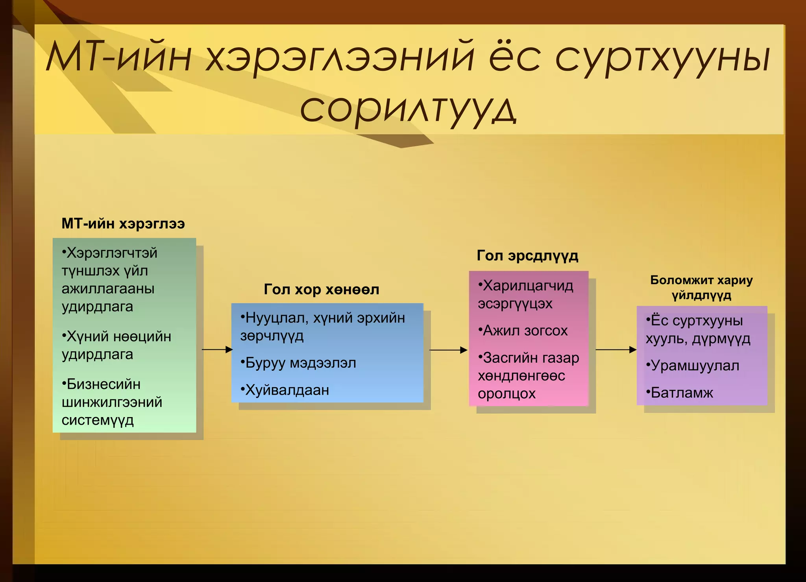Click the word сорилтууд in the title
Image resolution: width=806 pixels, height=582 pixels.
[x=408, y=109]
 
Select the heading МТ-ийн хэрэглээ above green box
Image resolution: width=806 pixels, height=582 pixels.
[x=123, y=224]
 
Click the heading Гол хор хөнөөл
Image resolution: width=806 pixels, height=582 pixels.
[x=321, y=290]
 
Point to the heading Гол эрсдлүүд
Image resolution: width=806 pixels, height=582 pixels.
[x=527, y=256]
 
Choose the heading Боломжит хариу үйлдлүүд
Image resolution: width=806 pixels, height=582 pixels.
[x=701, y=287]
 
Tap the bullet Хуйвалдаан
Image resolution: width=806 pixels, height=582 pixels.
[x=287, y=390]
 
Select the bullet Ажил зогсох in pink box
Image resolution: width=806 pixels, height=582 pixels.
[x=525, y=331]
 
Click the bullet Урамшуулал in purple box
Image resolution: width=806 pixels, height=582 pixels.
[x=695, y=366]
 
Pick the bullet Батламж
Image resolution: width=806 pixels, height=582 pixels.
[x=682, y=393]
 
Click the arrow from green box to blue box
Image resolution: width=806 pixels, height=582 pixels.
[x=217, y=349]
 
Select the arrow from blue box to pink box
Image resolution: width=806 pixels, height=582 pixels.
[x=448, y=349]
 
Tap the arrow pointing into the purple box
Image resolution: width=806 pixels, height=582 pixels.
[x=616, y=349]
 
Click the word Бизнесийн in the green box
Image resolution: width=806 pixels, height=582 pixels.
[x=104, y=384]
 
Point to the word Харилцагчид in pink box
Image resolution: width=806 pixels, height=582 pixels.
[x=528, y=286]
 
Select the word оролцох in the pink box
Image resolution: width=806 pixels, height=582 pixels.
[x=507, y=394]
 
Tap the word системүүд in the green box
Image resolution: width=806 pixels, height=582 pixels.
[x=98, y=420]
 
